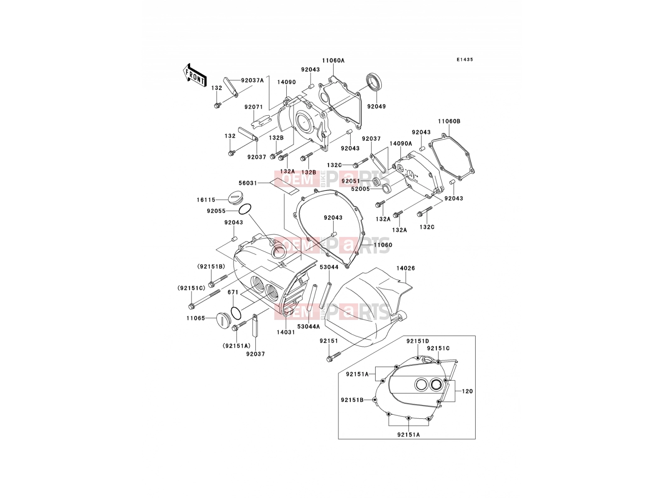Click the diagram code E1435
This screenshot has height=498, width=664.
(x=465, y=60)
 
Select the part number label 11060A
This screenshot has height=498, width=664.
(x=333, y=61)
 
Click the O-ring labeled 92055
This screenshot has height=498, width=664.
(x=245, y=209)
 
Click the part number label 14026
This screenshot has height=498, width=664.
(x=405, y=268)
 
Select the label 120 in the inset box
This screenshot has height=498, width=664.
(x=467, y=391)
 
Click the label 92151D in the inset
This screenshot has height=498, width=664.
(x=417, y=341)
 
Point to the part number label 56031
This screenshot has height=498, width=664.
(x=248, y=183)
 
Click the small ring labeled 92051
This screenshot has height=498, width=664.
(x=376, y=182)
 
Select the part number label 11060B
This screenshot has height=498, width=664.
(x=449, y=121)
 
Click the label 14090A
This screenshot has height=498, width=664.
(x=400, y=144)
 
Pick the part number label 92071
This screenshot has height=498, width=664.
(x=254, y=107)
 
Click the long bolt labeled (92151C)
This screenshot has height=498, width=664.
(x=204, y=299)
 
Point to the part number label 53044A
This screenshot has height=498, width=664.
(x=308, y=327)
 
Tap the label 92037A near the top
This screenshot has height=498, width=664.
(x=252, y=81)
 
